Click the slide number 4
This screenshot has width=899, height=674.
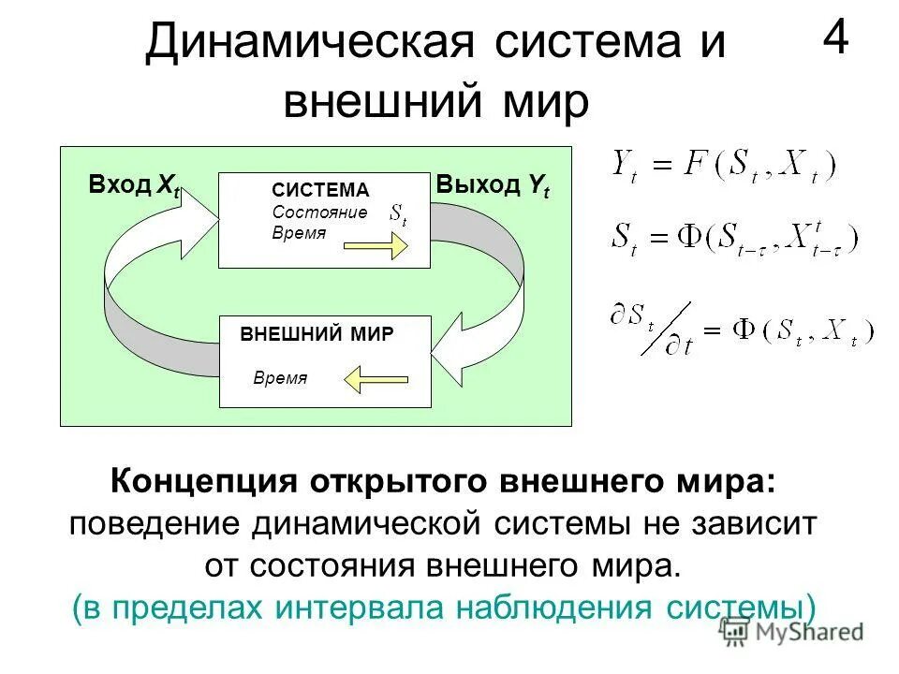[x=837, y=40]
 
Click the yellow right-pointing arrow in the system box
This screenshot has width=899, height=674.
[x=376, y=246]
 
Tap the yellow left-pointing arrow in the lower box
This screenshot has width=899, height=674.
[x=376, y=379]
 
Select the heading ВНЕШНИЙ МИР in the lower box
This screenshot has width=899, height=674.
[x=317, y=334]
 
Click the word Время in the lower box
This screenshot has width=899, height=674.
[x=280, y=378]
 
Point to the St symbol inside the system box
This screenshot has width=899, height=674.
[x=398, y=216]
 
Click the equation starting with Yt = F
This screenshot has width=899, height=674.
[x=722, y=168]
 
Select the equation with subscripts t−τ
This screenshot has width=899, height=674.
[x=733, y=237]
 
